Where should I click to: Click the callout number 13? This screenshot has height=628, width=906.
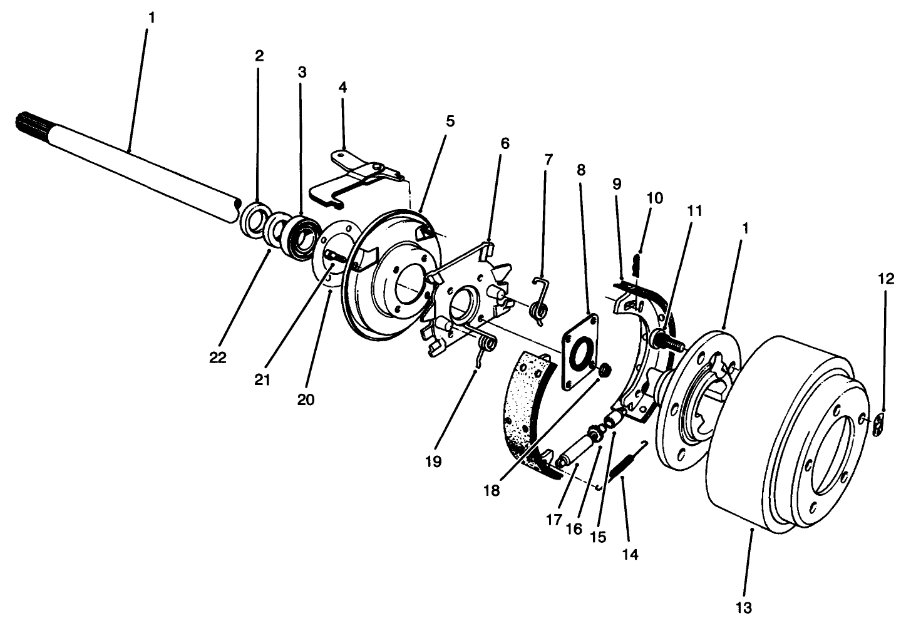[x=744, y=606]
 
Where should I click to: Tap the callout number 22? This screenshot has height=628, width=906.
[x=219, y=358]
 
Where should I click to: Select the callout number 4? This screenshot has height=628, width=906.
[x=342, y=87]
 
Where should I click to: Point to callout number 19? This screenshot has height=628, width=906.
[x=433, y=462]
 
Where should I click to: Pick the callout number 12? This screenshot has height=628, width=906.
[x=885, y=279]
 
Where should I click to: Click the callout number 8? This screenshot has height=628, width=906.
[x=580, y=170]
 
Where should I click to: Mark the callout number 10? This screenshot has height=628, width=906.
[x=654, y=198]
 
